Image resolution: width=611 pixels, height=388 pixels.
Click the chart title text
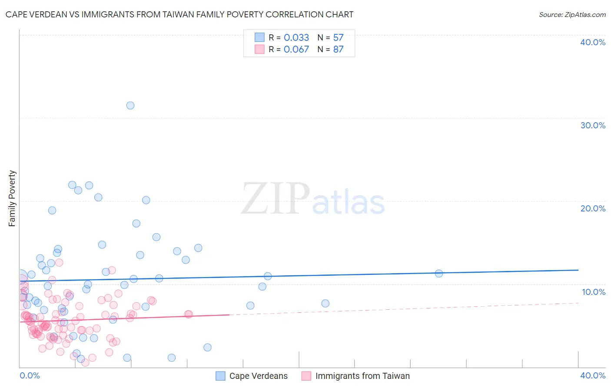179,14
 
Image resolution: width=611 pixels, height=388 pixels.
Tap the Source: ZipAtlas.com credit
572,14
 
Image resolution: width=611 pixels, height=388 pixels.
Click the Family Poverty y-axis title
12,198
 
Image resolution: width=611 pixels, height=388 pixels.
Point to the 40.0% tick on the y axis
593,42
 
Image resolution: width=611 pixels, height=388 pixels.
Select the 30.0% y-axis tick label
593,125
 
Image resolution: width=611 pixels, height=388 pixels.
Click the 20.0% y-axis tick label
593,208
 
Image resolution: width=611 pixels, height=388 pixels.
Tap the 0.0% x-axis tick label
30,375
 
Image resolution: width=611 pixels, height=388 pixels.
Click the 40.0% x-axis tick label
593,375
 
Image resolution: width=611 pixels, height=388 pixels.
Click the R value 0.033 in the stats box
296,37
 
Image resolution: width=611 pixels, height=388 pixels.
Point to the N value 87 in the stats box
338,49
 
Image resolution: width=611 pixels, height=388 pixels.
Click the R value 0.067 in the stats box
296,49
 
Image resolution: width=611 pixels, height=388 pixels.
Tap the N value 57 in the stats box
338,37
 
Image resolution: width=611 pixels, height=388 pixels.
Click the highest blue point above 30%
130,105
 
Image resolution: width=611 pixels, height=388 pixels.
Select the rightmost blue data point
439,274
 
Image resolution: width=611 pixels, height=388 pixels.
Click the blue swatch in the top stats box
259,37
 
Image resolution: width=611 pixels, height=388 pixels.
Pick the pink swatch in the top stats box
259,49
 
